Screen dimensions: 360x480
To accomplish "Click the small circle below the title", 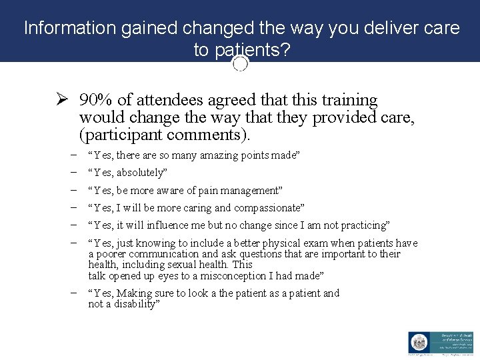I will pyautogui.click(x=241, y=64).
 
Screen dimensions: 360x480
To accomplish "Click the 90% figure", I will pyautogui.click(x=95, y=101).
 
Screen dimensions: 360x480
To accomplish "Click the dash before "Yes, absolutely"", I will pyautogui.click(x=71, y=172).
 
